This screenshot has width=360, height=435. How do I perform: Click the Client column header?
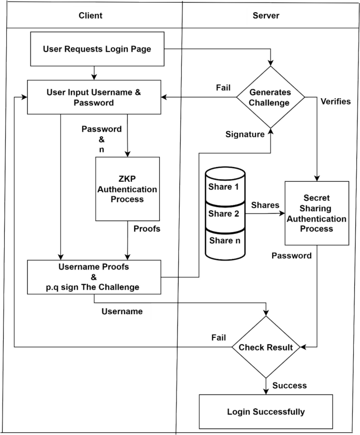90,15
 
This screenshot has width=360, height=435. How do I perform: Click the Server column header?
266,15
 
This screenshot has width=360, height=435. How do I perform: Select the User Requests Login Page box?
97,49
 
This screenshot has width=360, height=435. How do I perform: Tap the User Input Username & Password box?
94,97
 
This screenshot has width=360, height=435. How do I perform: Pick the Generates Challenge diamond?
270,97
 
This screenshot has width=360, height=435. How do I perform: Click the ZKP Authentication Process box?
128,189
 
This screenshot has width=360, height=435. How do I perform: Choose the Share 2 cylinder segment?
225,213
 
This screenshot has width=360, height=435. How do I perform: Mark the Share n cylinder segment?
225,240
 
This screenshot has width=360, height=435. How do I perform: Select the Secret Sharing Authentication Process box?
317,213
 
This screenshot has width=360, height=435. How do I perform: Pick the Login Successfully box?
265,411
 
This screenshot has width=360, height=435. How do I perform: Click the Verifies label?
335,101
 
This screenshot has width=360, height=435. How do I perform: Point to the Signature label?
244,134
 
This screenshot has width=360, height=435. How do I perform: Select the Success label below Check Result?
290,385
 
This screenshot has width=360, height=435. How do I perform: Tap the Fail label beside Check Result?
219,336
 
